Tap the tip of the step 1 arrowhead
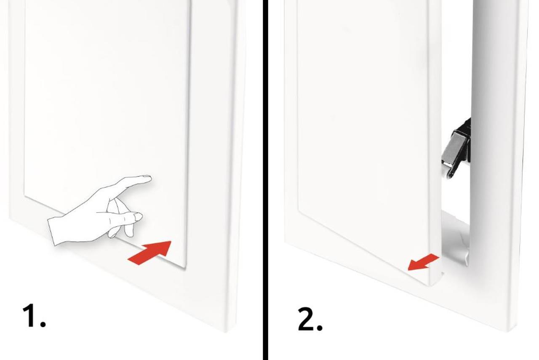pos(171,242)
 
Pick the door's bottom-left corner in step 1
pos(25,195)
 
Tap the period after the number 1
pos(43,325)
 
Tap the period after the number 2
pos(320,328)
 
